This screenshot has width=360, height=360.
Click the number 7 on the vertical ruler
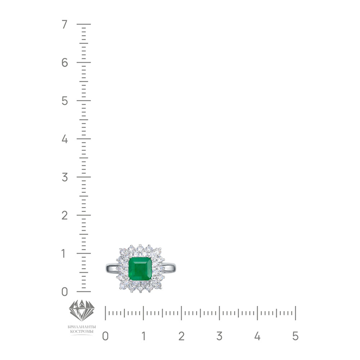tap(64, 24)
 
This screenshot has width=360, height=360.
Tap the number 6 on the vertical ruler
tap(65, 62)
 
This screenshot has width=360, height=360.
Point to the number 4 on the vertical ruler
tap(65, 139)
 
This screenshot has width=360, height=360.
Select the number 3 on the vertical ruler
tap(65, 177)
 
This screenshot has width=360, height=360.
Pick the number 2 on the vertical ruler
tap(64, 215)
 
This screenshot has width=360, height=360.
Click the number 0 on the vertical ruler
tap(65, 292)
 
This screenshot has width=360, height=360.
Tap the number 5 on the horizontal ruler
tap(296, 336)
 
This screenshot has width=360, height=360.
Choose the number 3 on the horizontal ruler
tap(219, 336)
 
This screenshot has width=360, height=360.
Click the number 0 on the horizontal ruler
tap(105, 336)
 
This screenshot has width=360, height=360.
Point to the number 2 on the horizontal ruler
tap(181, 336)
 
